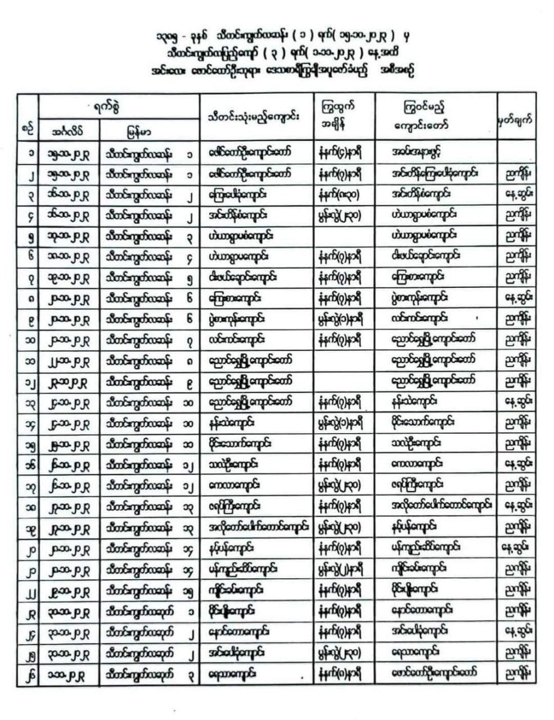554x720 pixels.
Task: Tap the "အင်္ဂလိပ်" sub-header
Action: [x=69, y=132]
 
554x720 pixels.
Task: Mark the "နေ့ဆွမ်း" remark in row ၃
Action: [x=516, y=194]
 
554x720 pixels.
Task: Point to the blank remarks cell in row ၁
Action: [x=516, y=152]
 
